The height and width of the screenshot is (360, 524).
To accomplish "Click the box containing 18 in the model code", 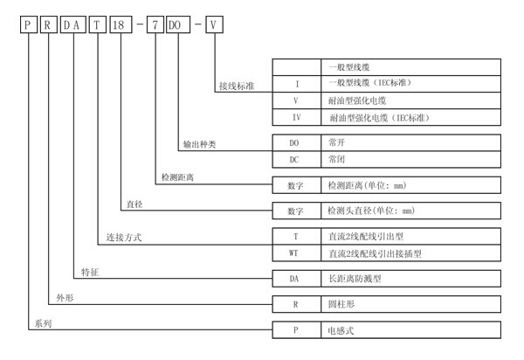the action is pyautogui.click(x=121, y=24).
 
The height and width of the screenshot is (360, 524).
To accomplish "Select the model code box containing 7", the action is pyautogui.click(x=155, y=24).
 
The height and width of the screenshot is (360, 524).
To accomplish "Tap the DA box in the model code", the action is pyautogui.click(x=73, y=24).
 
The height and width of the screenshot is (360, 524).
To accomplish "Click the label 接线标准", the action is pyautogui.click(x=237, y=86).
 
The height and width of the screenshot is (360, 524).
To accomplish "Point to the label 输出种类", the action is pyautogui.click(x=199, y=144).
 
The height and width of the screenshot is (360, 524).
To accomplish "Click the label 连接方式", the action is pyautogui.click(x=124, y=238).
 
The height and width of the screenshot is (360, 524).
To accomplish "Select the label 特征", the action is pyautogui.click(x=90, y=272).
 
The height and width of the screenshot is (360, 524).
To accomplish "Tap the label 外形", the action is pyautogui.click(x=65, y=297).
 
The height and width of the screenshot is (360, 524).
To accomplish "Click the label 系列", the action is pyautogui.click(x=43, y=323).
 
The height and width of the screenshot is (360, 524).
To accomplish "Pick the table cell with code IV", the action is pyautogui.click(x=297, y=117).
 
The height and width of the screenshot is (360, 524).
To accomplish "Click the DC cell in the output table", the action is pyautogui.click(x=297, y=159).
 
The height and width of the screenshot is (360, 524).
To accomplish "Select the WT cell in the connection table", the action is pyautogui.click(x=297, y=253).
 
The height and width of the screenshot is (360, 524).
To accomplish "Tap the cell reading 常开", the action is pyautogui.click(x=410, y=142).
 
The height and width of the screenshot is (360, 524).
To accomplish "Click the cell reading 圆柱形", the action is pyautogui.click(x=410, y=304).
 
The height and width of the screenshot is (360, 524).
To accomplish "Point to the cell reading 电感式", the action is pyautogui.click(x=410, y=330).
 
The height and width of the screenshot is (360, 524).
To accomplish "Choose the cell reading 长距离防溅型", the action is pyautogui.click(x=410, y=279).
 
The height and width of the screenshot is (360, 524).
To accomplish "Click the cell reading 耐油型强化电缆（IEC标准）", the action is pyautogui.click(x=410, y=117).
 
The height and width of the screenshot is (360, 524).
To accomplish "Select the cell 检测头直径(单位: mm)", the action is pyautogui.click(x=410, y=211).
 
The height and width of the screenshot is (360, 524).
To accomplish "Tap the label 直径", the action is pyautogui.click(x=134, y=204).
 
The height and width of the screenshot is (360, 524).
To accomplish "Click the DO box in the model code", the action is pyautogui.click(x=177, y=24).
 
